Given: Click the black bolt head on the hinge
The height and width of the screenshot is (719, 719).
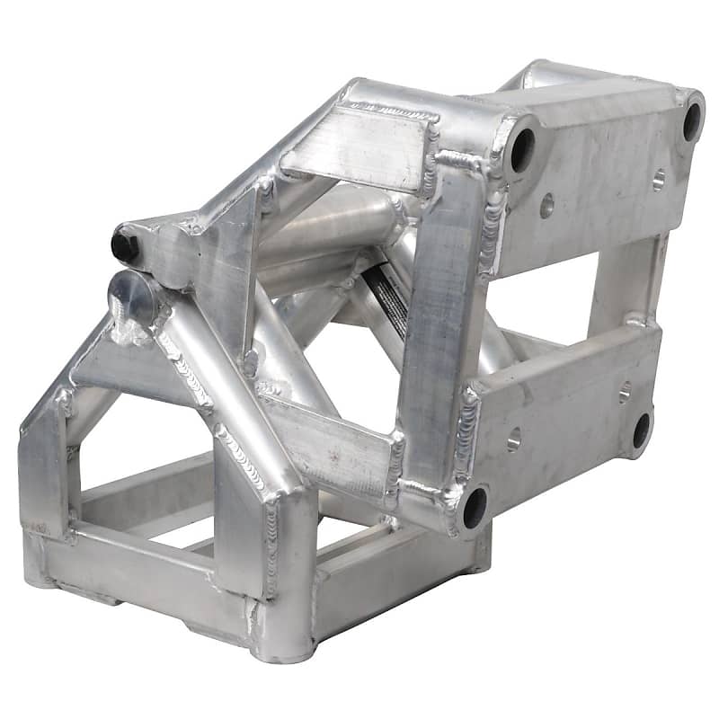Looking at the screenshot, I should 126,245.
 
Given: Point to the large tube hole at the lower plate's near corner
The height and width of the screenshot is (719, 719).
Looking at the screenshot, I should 474,508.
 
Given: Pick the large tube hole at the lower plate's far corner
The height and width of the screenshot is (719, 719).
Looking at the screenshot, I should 641,431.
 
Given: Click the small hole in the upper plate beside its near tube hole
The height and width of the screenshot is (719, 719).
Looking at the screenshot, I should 546,206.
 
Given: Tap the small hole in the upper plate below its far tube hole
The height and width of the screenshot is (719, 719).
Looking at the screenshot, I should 659,180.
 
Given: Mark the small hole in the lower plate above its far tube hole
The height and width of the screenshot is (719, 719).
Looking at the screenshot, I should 625,392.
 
